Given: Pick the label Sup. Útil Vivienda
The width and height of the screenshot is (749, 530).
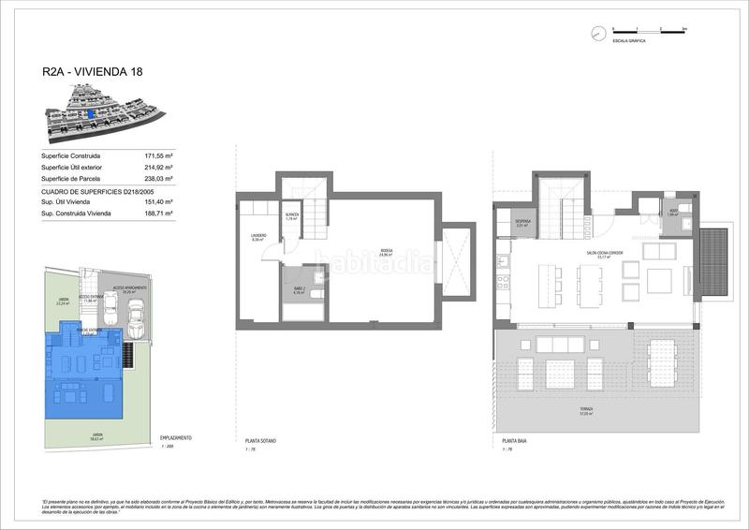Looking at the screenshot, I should [69, 201].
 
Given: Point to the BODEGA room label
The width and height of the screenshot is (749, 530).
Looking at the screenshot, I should [387, 248].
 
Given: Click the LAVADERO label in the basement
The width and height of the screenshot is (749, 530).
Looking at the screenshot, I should [258, 237].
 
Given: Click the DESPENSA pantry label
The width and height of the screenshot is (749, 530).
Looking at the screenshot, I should [523, 223].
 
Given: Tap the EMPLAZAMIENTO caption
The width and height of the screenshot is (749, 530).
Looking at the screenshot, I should [176, 438].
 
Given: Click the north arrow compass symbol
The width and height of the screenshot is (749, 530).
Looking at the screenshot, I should [597, 33].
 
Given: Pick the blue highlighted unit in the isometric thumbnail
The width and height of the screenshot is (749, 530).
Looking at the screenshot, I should [90, 113].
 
